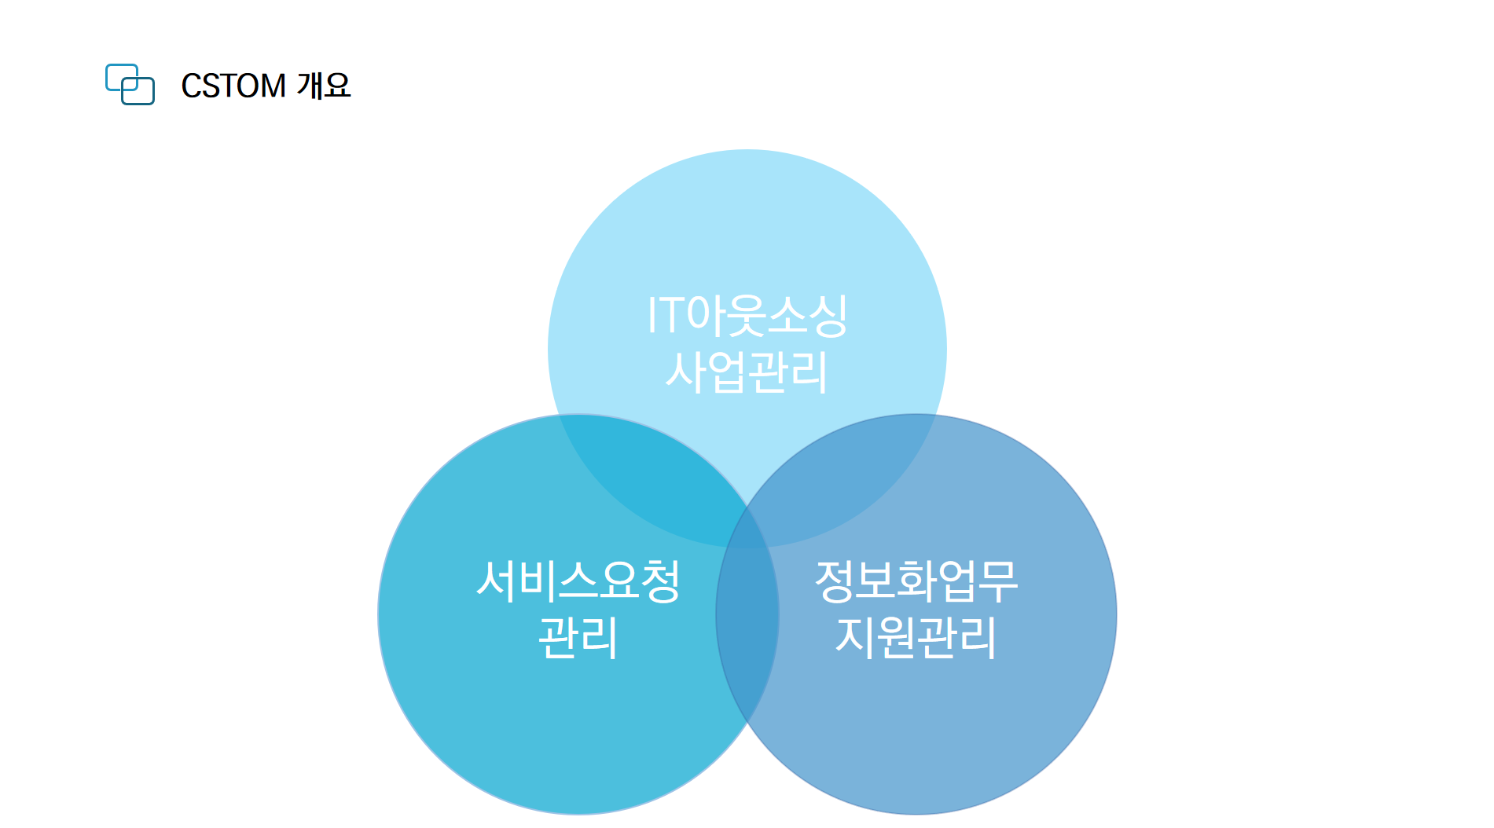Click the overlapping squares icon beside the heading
point(130,84)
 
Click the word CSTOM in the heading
point(233,86)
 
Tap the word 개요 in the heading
point(324,85)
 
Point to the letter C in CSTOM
point(192,86)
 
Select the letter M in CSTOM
point(273,86)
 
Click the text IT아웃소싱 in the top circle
point(747,316)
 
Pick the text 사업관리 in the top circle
point(747,372)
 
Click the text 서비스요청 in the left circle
point(578,581)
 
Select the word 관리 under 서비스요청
point(578,637)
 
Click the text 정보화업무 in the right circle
point(916,581)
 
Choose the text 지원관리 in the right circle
point(916,637)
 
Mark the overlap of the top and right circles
point(841,479)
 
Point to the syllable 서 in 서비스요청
point(497,581)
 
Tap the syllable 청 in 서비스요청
point(660,581)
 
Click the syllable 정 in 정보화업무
point(835,581)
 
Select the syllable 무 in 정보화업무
point(998,581)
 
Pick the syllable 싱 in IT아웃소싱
point(828,316)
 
